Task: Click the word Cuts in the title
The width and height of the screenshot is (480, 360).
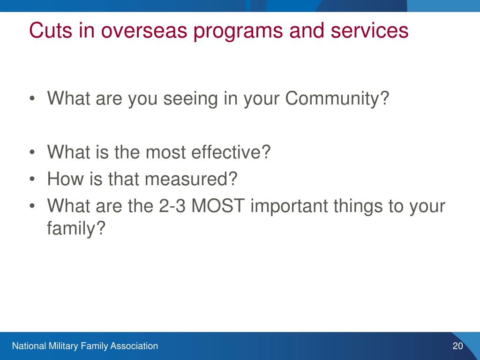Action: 51,30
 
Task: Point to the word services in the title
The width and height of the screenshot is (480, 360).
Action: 369,31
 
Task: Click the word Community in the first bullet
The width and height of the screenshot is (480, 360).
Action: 337,99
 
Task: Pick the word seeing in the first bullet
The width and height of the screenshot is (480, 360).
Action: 190,99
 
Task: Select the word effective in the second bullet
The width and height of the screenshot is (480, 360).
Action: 231,152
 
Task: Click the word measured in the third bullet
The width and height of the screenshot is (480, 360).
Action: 191,179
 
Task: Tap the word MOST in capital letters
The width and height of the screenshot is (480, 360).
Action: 217,206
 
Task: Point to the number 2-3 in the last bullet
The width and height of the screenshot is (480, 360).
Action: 172,206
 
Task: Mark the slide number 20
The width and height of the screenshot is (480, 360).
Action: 457,346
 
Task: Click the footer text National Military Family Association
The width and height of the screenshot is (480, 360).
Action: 85,346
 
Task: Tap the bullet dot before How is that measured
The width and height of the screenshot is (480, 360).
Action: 32,179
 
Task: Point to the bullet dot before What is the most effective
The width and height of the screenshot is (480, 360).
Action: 32,152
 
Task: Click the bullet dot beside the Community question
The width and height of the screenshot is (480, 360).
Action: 32,98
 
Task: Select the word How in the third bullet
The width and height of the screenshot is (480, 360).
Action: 65,179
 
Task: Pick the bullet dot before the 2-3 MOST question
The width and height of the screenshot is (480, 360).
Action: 32,206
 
